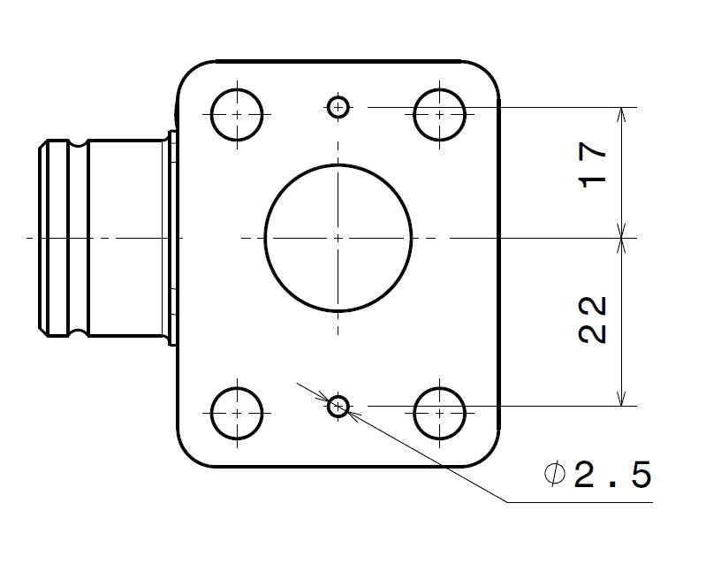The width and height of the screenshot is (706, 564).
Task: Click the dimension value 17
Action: click(x=595, y=164)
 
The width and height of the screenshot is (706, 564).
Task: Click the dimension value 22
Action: click(x=593, y=319)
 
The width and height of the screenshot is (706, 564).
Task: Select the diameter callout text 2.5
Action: click(x=612, y=476)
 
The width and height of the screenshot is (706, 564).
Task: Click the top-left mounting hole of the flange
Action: click(x=238, y=114)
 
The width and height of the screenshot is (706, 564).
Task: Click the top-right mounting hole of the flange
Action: click(x=439, y=114)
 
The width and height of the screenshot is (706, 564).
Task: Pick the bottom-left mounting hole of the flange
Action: click(x=238, y=413)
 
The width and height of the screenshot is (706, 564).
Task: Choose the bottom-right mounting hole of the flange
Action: click(x=439, y=413)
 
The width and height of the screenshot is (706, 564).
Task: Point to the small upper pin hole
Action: click(x=338, y=107)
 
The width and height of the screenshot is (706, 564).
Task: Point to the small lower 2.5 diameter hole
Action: click(x=338, y=407)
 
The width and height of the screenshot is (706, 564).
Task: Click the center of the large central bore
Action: click(x=338, y=238)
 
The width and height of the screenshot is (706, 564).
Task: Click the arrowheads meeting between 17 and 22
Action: click(x=624, y=238)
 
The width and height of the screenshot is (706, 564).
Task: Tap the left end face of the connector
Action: click(x=39, y=238)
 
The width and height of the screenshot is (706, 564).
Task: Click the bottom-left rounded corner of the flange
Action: click(x=190, y=453)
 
